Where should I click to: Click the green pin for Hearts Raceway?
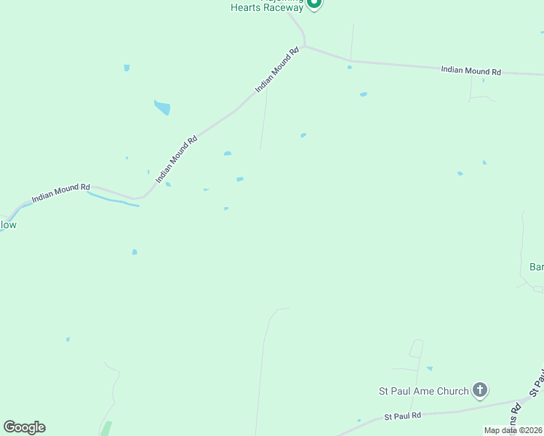click(x=313, y=4)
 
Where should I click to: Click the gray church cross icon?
click(x=480, y=391)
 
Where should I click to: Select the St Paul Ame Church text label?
click(x=424, y=391)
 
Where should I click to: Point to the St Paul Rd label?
click(x=403, y=416)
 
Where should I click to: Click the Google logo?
click(x=24, y=427)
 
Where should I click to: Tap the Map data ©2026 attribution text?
click(x=513, y=430)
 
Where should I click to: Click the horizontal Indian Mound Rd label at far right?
click(x=471, y=70)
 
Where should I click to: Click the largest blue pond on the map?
click(x=162, y=108)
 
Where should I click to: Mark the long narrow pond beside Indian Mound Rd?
click(x=113, y=199)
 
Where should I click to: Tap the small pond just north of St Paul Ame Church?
click(x=429, y=368)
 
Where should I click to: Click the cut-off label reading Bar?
click(x=536, y=267)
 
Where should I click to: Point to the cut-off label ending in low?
click(x=7, y=225)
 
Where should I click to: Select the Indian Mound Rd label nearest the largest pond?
click(x=177, y=158)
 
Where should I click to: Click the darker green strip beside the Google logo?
click(x=106, y=429)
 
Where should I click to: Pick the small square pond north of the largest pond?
click(x=127, y=68)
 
